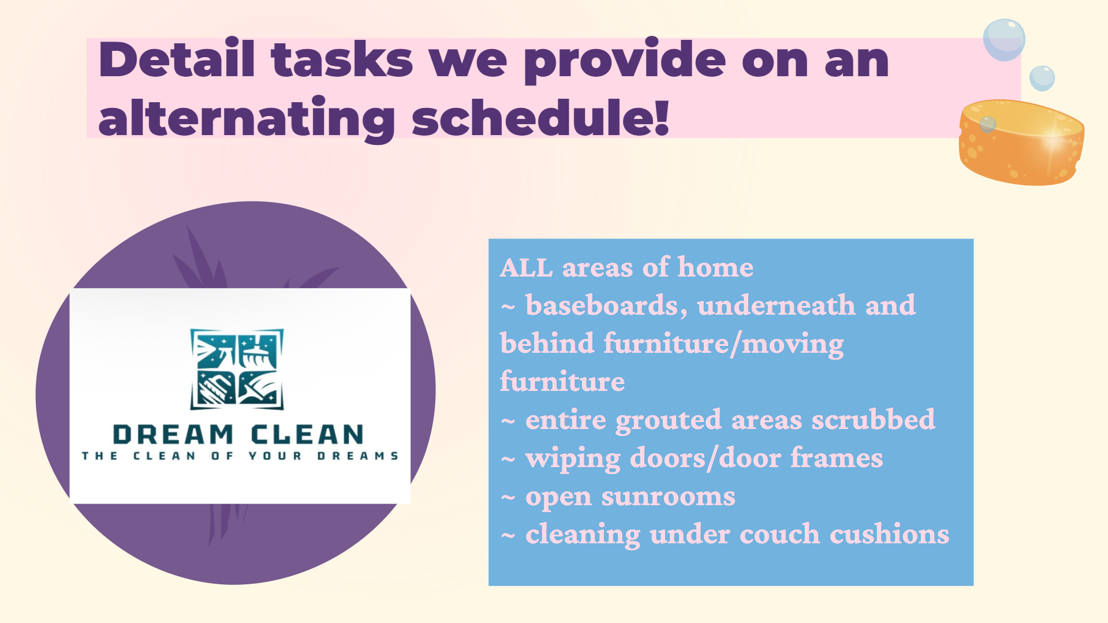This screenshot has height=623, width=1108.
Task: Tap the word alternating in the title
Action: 247,118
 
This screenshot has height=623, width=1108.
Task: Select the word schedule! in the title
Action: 540,116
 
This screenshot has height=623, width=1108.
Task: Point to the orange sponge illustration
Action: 1021,142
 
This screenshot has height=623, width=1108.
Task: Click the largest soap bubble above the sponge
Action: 1004,39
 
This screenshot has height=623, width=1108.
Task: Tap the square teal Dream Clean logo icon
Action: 237,369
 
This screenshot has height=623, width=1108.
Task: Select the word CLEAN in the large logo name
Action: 307,435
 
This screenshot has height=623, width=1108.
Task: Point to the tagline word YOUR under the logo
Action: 275,456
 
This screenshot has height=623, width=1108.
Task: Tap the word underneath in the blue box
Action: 776,305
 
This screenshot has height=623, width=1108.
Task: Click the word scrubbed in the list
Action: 873,419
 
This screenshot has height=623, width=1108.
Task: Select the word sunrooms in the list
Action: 668,497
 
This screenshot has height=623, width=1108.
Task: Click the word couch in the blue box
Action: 779,534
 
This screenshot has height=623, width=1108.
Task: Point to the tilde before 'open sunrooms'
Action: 508,498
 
